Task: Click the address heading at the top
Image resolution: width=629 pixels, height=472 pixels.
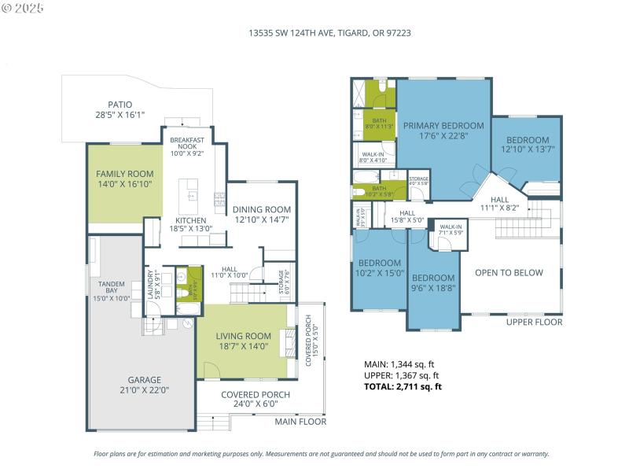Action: (x=329, y=33)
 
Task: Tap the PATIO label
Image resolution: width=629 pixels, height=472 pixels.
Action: (x=120, y=105)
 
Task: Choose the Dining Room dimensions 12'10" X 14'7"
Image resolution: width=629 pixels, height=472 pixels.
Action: (x=262, y=220)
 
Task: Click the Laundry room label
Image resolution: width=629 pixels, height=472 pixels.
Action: (x=150, y=285)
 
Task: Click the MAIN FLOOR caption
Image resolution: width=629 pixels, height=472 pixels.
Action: (x=300, y=422)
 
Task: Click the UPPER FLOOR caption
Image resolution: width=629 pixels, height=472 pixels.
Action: (x=534, y=322)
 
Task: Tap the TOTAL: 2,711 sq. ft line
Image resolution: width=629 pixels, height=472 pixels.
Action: (x=403, y=386)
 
